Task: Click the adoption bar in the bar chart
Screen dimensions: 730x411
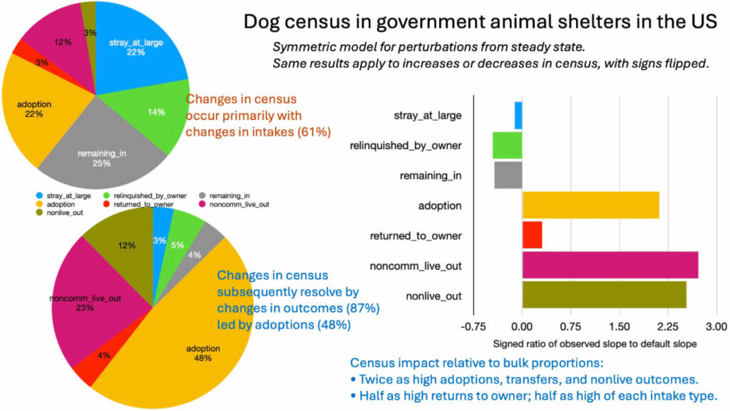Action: [x=590, y=205]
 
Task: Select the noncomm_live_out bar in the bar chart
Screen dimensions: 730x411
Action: [x=610, y=265]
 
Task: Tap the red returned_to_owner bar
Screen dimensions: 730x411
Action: [x=532, y=235]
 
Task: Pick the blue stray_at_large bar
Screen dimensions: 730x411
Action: [x=518, y=115]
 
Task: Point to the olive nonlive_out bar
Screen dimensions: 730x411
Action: [x=605, y=295]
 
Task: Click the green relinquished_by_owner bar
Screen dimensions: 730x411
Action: [x=508, y=145]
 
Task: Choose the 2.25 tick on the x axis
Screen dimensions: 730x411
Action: [x=668, y=327]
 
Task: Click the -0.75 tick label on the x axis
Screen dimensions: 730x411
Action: [x=473, y=327]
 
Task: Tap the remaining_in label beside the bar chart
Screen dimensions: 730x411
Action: [x=431, y=176]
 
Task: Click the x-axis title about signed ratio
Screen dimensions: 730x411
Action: [x=595, y=344]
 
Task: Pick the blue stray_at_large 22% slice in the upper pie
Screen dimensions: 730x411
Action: [x=138, y=46]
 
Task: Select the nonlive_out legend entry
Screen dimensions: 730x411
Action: [x=60, y=213]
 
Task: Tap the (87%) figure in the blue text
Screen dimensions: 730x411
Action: [x=363, y=308]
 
